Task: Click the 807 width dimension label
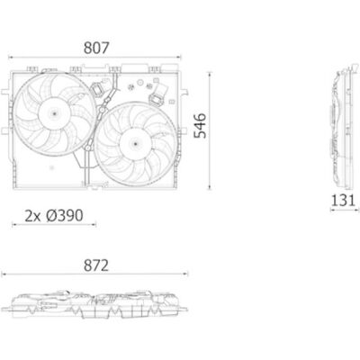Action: click(96, 48)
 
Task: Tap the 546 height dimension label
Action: click(200, 126)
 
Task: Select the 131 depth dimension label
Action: click(343, 200)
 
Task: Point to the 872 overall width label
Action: click(96, 265)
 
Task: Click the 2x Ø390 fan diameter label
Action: click(54, 216)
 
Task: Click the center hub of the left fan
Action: click(54, 113)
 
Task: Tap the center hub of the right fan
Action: click(135, 144)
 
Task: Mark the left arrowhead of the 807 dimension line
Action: click(10, 57)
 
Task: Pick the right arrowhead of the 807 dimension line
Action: click(180, 57)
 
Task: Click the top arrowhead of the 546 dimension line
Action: click(210, 74)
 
